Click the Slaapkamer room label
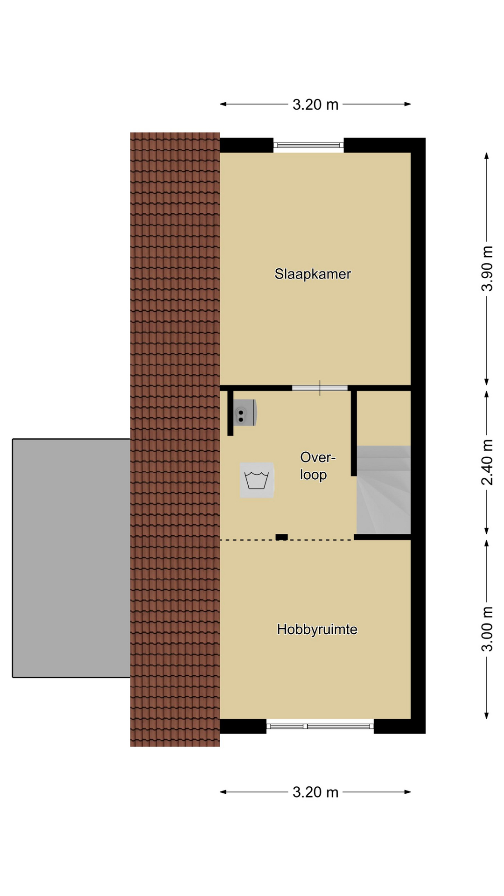313,274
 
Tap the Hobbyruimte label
317,630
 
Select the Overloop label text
317,466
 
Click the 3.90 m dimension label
487,268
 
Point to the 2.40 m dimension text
487,462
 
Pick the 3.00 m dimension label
487,629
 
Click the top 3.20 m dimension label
315,105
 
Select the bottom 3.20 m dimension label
315,792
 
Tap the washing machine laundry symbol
257,480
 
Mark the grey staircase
384,490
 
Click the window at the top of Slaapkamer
308,145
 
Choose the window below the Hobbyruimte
320,726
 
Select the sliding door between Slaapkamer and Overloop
320,388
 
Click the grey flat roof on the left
71,558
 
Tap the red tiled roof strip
175,439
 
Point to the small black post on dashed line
281,537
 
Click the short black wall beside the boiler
231,413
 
